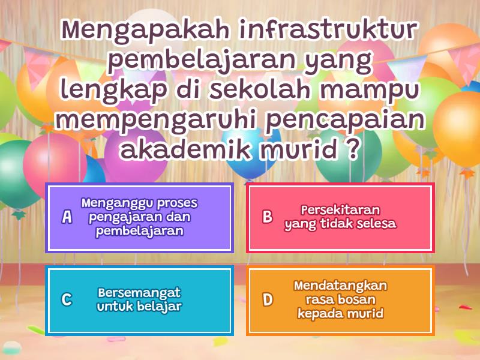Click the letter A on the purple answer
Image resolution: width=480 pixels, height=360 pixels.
67,217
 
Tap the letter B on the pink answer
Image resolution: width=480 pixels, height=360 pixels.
268,217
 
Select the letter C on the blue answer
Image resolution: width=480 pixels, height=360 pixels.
67,299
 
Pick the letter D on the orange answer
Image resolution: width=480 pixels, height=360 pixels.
268,299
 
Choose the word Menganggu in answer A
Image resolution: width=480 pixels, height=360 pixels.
114,203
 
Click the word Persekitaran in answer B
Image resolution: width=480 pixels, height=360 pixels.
340,210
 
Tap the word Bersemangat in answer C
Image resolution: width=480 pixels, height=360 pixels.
139,292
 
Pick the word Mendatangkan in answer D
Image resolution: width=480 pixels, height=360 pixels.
340,285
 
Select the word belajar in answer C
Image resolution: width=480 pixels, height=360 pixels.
158,307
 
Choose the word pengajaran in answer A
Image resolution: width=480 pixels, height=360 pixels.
118,217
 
